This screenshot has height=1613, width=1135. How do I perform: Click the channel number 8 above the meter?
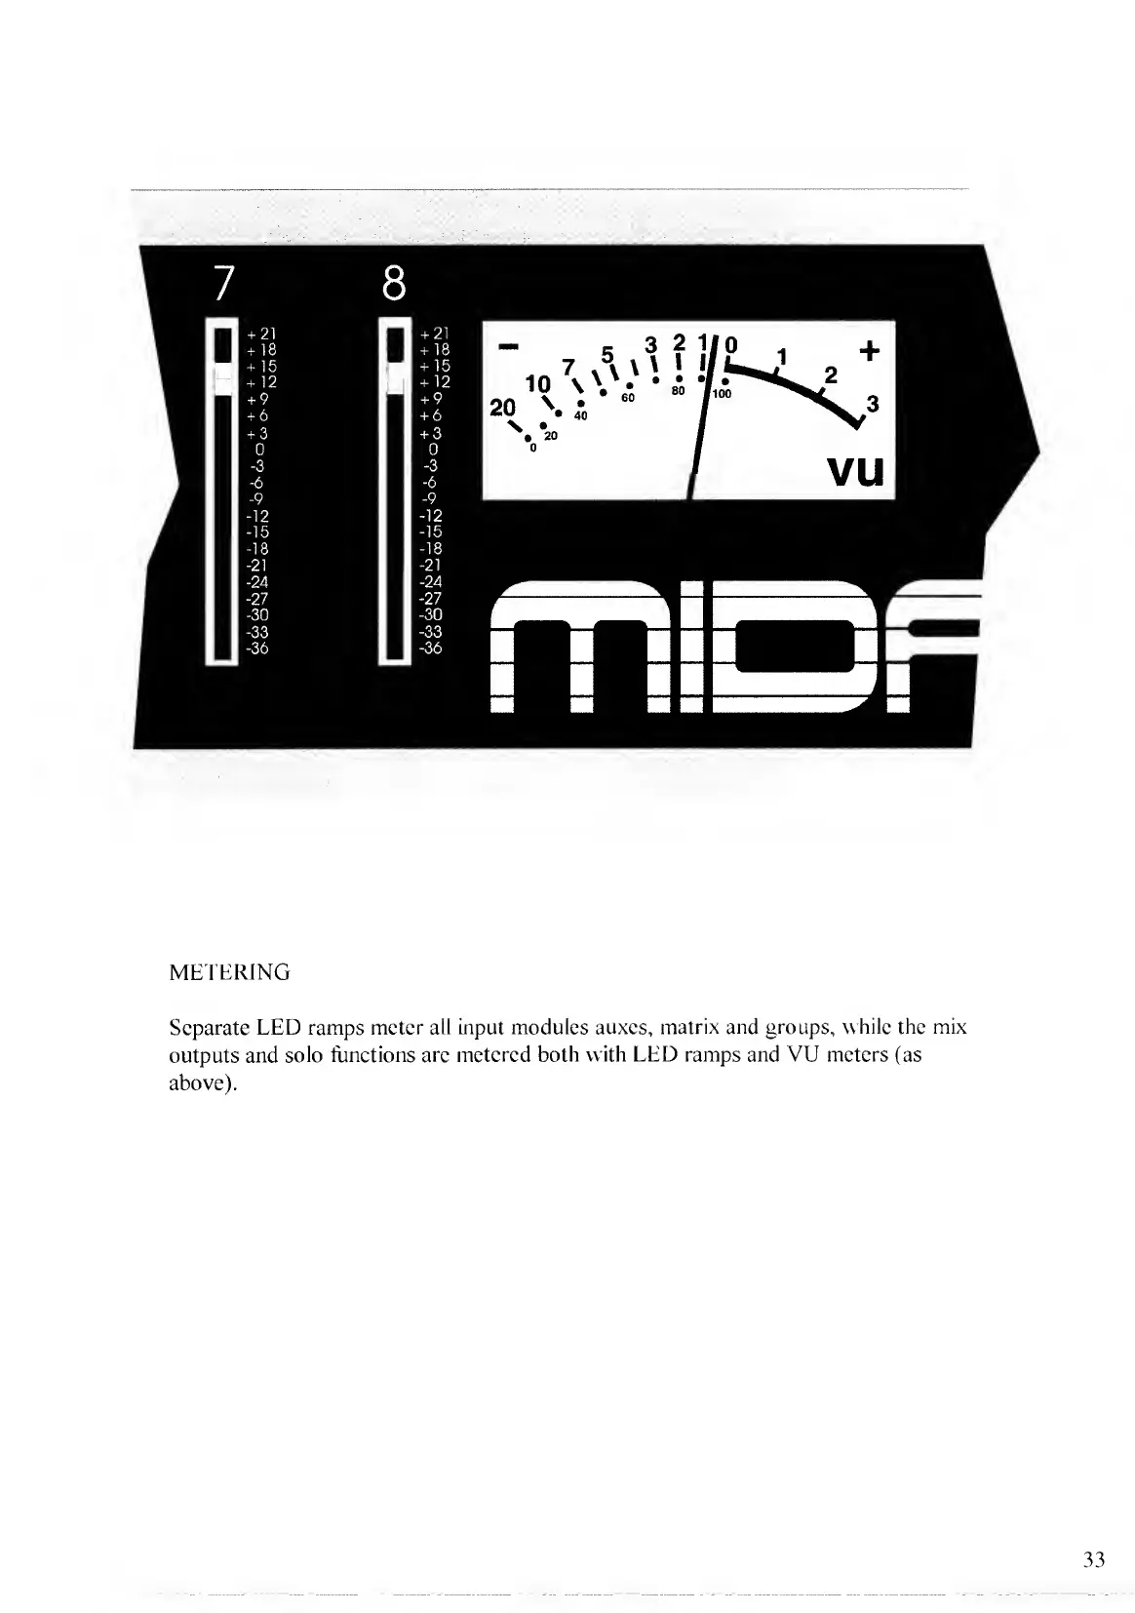click(x=393, y=283)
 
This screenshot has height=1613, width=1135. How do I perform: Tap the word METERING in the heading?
click(x=229, y=972)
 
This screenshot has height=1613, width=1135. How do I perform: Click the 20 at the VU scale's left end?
click(x=502, y=408)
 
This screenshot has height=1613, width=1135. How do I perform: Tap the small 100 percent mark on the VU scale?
click(x=722, y=394)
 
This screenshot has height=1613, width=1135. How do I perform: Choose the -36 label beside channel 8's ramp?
click(x=429, y=648)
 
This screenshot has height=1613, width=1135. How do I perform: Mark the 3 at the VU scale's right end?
click(x=873, y=403)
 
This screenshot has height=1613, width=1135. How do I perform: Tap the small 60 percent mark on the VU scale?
click(x=628, y=398)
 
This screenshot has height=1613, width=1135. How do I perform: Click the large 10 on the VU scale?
click(x=537, y=382)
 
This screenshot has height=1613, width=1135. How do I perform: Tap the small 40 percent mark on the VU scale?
click(x=581, y=416)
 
